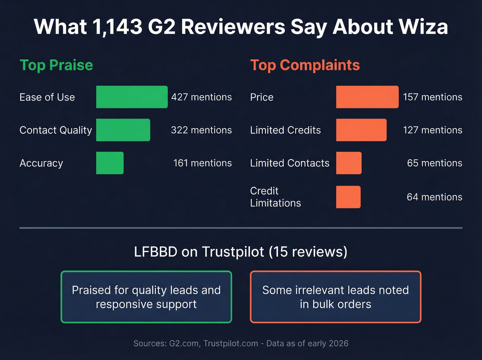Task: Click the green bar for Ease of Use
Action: point(132,97)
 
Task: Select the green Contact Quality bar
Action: point(123,130)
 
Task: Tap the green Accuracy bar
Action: point(110,163)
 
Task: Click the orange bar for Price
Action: point(367,97)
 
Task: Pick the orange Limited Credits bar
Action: point(361,130)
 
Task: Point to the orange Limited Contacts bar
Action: point(349,163)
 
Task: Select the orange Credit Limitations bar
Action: point(348,197)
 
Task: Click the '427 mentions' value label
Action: point(201,97)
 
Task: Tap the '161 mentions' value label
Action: point(202,163)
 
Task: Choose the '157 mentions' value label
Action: point(432,97)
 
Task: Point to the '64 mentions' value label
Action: point(434,197)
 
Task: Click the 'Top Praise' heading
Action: point(56,65)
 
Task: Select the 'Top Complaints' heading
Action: point(305,65)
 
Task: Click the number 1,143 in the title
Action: point(117,27)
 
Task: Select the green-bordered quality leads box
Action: point(146,297)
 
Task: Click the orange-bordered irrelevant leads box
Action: point(335,297)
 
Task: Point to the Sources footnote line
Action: point(241,343)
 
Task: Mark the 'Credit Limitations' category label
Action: point(275,197)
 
